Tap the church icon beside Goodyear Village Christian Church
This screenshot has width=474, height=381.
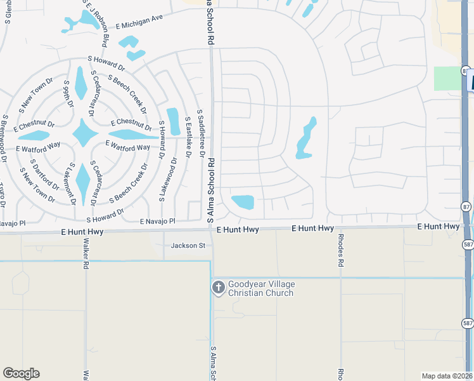click(218, 288)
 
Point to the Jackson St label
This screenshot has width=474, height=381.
click(188, 245)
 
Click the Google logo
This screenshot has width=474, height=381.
click(21, 373)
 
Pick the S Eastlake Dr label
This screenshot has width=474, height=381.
click(188, 136)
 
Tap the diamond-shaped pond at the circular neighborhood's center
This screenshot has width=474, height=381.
click(84, 133)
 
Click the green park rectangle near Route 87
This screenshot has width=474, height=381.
click(447, 77)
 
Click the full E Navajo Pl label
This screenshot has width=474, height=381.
click(157, 221)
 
